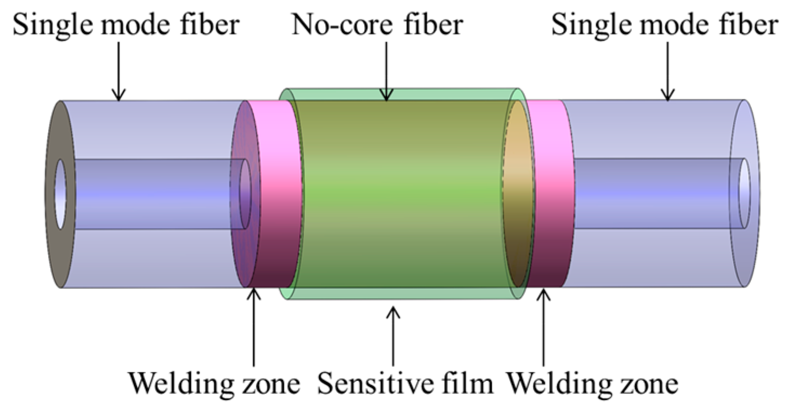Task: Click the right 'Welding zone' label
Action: coord(592,383)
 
